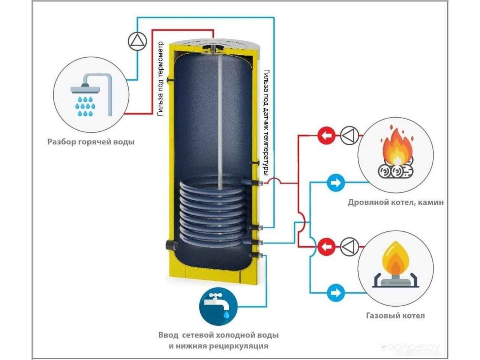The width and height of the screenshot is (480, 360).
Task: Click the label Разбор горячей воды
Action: click(x=91, y=142)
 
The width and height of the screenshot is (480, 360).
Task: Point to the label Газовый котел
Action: click(x=395, y=315)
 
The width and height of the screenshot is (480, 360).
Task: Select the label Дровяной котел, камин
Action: click(x=396, y=202)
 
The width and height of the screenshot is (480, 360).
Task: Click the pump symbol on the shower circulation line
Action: click(x=135, y=41)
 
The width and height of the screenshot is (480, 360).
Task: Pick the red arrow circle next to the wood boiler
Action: click(x=326, y=135)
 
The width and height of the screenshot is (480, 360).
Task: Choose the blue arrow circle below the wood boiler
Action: click(x=335, y=183)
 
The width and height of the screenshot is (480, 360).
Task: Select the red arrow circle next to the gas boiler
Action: click(x=326, y=247)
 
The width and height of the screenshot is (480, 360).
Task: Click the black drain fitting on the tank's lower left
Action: click(x=169, y=246)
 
